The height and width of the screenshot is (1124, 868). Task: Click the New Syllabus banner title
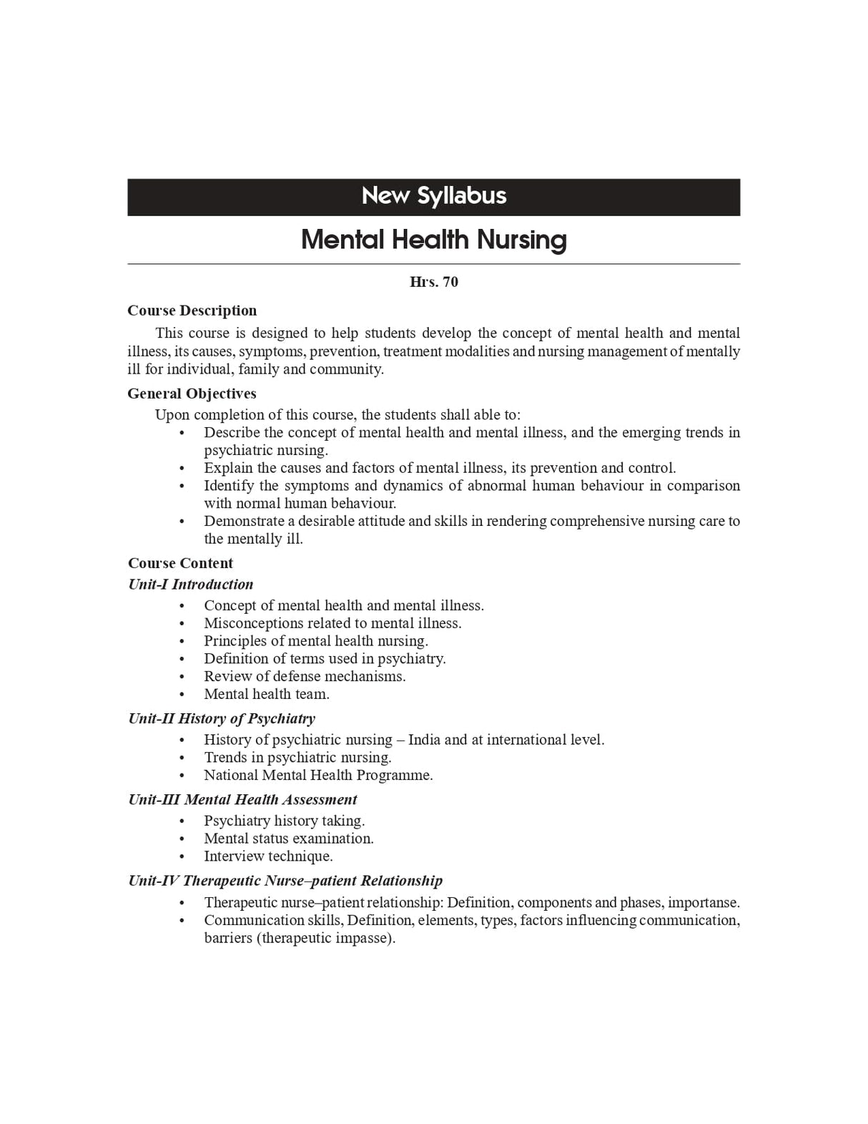tap(433, 196)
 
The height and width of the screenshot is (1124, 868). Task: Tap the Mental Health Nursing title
tap(433, 240)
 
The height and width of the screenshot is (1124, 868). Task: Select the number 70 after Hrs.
tap(450, 282)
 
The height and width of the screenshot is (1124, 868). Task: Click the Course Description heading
tap(192, 311)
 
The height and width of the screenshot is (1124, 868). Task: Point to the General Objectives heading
tap(192, 394)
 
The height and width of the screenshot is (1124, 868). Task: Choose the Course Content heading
tap(180, 563)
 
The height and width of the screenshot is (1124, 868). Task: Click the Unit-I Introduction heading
tap(190, 585)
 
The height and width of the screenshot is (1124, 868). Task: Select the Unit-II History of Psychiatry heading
tap(222, 718)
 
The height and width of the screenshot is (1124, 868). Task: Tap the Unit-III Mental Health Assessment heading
tap(242, 800)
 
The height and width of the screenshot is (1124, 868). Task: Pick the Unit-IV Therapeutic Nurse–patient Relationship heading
tap(285, 881)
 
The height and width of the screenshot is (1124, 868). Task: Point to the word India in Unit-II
tap(424, 740)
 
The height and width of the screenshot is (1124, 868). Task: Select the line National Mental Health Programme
tap(318, 776)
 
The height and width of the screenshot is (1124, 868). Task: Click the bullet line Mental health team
tap(267, 694)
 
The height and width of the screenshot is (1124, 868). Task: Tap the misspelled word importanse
tap(704, 903)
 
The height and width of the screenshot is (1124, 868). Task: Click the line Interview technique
tap(268, 856)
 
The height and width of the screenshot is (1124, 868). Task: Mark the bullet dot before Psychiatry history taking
tap(182, 821)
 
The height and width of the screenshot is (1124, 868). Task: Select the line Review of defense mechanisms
tap(305, 676)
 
